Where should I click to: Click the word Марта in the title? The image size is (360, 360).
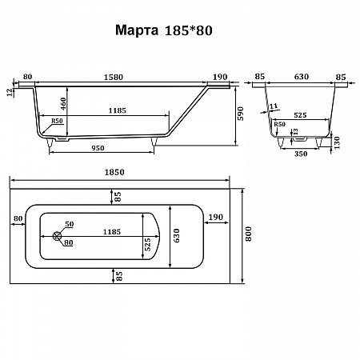coord(137,30)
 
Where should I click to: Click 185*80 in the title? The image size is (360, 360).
coord(189,30)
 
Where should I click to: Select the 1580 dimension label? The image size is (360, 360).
coord(114,77)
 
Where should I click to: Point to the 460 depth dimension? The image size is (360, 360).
coord(63,104)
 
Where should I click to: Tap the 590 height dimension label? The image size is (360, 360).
coord(241,114)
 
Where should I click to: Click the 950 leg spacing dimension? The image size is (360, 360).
coord(98,148)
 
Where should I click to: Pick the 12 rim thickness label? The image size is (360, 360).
coord(10,92)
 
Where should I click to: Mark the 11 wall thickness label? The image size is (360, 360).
coord(274,106)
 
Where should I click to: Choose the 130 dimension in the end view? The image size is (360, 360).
coord(337,142)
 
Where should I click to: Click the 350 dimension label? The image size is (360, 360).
coord(301,154)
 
